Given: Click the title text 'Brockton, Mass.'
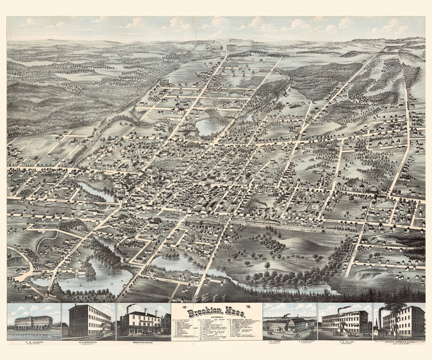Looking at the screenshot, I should pos(216,312).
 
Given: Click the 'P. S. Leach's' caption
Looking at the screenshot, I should pos(34,343).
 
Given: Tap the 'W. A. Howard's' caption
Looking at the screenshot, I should pos(88,343).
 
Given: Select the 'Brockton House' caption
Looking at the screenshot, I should pos(143,343).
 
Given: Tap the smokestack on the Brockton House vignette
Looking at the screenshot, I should pos(128,309).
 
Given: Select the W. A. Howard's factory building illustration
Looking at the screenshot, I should pos(89,320).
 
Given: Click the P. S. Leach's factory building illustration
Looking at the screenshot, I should pos(34,321).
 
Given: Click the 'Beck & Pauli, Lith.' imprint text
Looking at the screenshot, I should pos(18,301).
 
